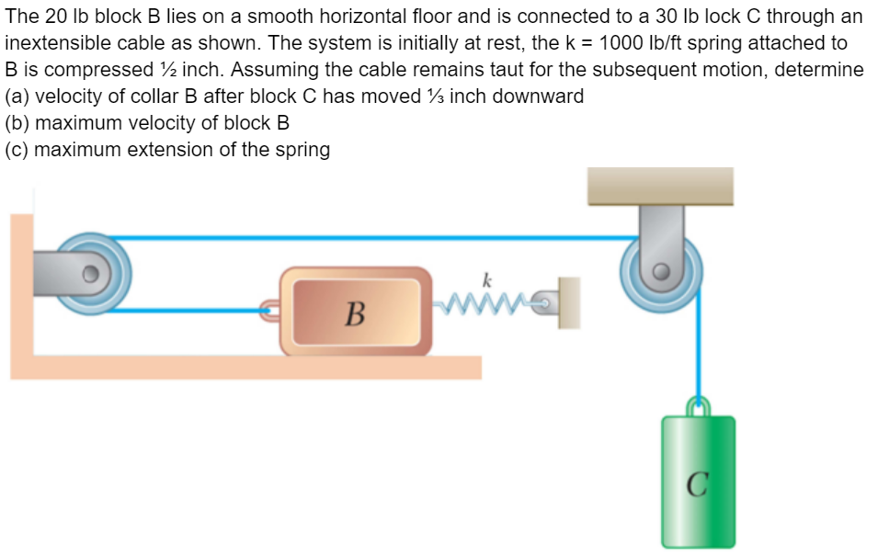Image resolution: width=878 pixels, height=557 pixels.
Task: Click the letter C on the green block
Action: (x=698, y=482)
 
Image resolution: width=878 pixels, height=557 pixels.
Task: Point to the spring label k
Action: (x=486, y=278)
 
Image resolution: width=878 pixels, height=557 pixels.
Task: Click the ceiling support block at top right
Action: (x=661, y=186)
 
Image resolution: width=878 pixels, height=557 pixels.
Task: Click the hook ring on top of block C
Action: (x=699, y=404)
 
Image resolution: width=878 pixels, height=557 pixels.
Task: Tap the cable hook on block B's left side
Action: (x=268, y=311)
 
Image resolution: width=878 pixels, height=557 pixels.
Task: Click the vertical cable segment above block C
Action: (x=699, y=349)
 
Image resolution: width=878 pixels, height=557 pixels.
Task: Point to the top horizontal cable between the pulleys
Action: (x=368, y=238)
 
